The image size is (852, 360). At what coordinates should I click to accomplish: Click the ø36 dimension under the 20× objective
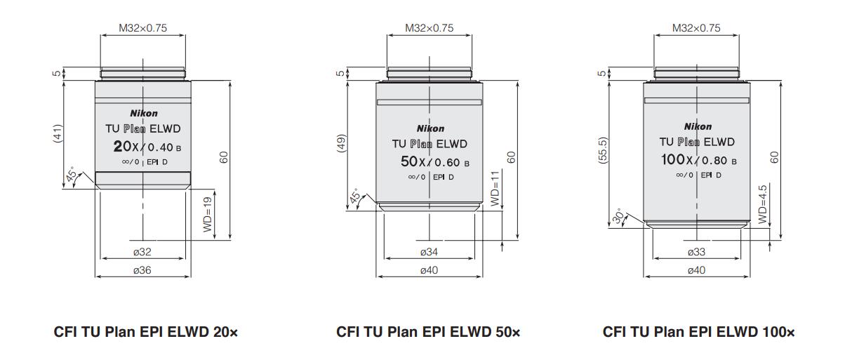tap(142, 270)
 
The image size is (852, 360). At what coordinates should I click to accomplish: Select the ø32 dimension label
tap(142, 251)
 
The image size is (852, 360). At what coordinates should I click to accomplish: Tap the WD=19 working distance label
tap(208, 215)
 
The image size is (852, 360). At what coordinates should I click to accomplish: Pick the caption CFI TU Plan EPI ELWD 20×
tap(146, 331)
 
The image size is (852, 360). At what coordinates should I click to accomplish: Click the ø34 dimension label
tap(430, 251)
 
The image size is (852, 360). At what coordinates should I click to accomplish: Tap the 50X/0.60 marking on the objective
tap(430, 162)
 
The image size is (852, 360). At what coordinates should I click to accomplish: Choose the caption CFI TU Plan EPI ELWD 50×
tap(428, 331)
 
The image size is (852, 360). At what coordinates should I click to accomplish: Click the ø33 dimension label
tap(696, 251)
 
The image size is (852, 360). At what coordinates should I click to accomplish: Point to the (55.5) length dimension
tap(604, 150)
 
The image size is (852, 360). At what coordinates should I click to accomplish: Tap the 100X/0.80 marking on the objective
tap(698, 160)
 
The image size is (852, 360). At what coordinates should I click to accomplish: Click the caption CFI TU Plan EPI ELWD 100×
tap(699, 331)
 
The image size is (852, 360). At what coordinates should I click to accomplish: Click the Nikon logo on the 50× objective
tap(430, 128)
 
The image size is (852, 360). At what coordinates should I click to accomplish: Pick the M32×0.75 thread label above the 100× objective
tap(696, 29)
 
